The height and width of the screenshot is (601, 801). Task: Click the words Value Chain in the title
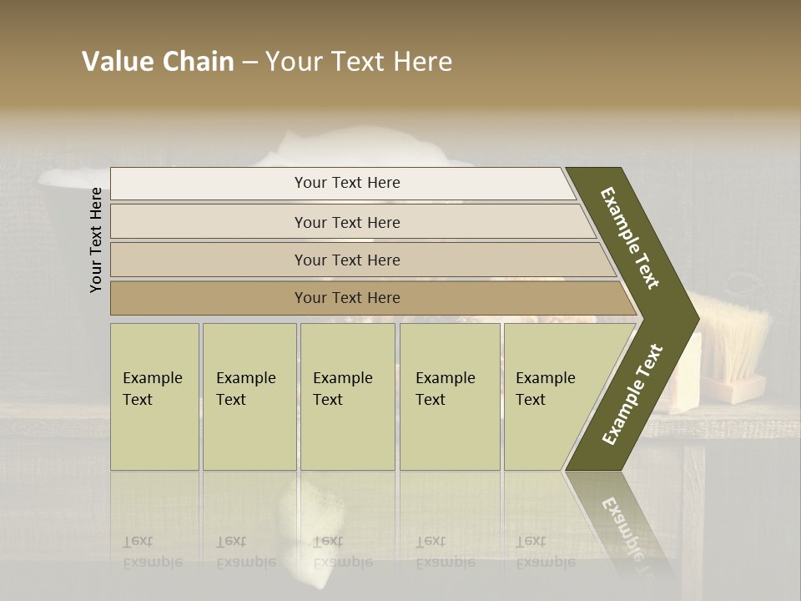[x=158, y=62]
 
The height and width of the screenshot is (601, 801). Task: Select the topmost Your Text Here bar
[x=346, y=183]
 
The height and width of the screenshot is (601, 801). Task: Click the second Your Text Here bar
[x=346, y=222]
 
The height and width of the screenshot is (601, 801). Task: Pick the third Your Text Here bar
[x=346, y=260]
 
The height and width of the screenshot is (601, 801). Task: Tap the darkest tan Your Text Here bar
[x=346, y=298]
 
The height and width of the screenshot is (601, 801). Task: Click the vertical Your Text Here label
[x=96, y=240]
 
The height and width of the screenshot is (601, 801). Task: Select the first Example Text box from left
[x=154, y=396]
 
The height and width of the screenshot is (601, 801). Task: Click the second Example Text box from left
[x=249, y=396]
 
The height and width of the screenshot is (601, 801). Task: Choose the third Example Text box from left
[x=346, y=396]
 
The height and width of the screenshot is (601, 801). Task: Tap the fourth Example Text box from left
[x=449, y=396]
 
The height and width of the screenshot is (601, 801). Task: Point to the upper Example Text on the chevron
[x=630, y=238]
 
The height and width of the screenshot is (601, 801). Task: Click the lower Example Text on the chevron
[x=632, y=395]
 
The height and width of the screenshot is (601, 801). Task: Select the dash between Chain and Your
[x=249, y=63]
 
